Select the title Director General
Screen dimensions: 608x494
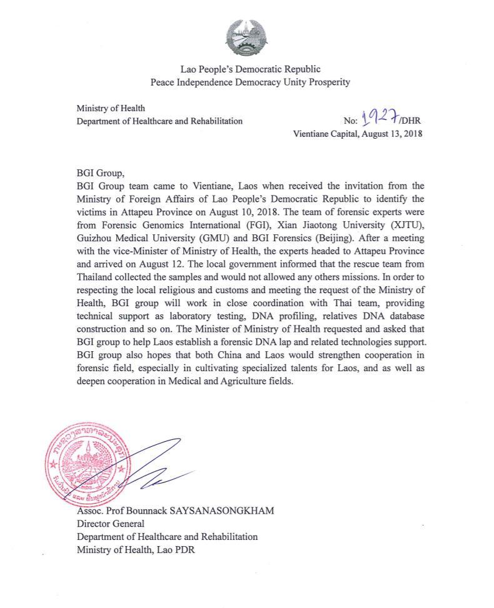click(x=110, y=524)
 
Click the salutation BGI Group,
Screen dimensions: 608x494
click(x=99, y=172)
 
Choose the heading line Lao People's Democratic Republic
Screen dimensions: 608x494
click(x=250, y=69)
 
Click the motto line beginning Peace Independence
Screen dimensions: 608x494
click(x=250, y=82)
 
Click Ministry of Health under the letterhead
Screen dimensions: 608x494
click(x=111, y=108)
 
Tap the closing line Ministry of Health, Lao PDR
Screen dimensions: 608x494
click(x=136, y=550)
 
